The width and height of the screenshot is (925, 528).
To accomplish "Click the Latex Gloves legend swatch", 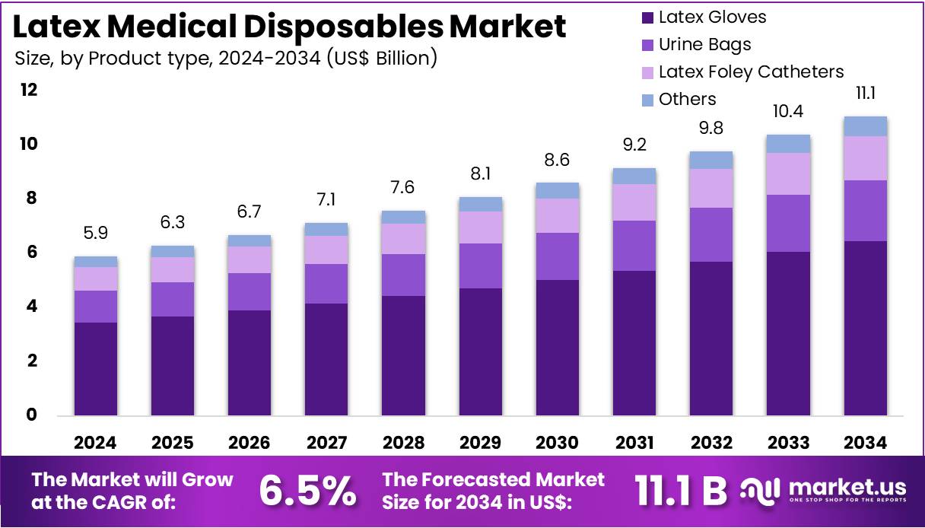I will (647, 17).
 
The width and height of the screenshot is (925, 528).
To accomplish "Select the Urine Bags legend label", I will (704, 45).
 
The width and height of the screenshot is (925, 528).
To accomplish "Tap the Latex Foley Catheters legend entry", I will (751, 72).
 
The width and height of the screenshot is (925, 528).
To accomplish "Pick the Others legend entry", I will (687, 100).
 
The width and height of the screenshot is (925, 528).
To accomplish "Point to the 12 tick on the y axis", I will (28, 91).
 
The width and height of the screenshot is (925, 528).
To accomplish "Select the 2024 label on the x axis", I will (95, 443).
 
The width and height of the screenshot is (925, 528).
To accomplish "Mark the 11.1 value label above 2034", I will (864, 94).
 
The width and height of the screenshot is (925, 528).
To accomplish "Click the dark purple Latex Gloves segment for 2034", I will (864, 328).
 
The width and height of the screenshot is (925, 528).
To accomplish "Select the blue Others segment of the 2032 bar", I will (710, 160).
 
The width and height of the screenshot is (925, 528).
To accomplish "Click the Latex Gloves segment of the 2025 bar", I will (172, 366).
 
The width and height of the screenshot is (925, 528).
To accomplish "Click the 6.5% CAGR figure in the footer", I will (307, 491).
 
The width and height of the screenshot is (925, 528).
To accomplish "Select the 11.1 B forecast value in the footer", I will (681, 491).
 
